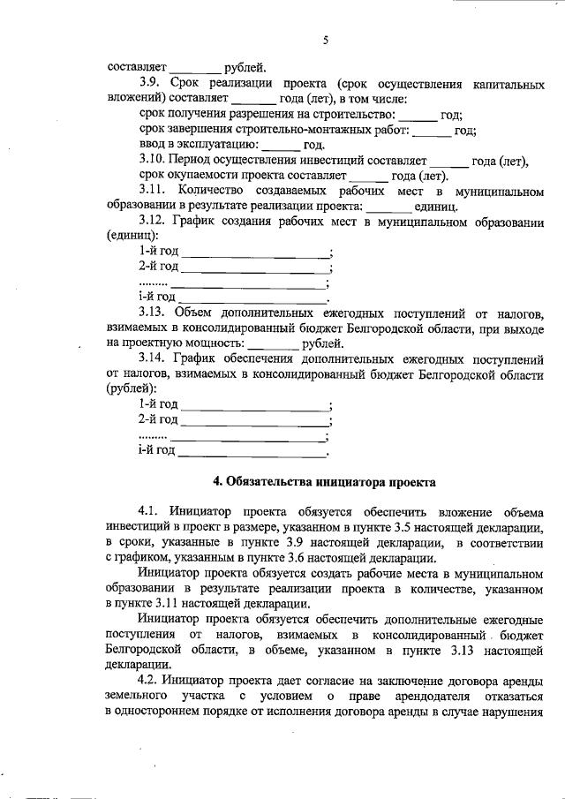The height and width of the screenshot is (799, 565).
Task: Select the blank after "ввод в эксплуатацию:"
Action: tap(281, 145)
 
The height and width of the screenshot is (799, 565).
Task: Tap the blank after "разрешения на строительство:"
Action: tap(418, 115)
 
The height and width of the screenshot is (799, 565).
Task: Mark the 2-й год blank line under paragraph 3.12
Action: tap(255, 268)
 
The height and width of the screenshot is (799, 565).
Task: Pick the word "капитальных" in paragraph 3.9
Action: tap(505, 85)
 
